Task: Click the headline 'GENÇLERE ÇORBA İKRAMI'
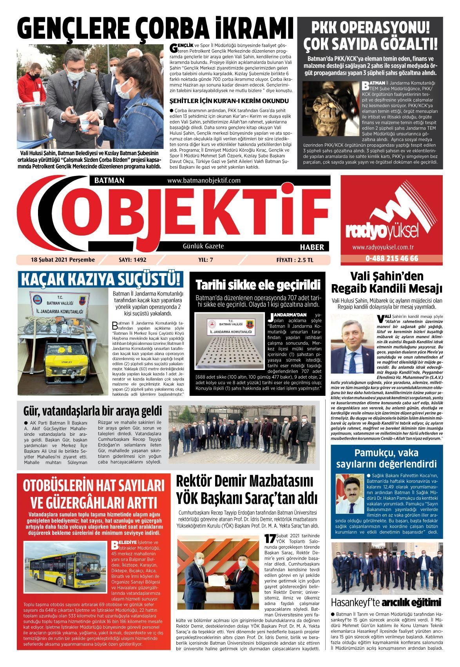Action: pos(156,29)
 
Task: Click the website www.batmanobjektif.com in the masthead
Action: pos(203,180)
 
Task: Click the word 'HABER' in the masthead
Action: pos(312,247)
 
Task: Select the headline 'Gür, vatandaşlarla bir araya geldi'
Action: pos(92,411)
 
